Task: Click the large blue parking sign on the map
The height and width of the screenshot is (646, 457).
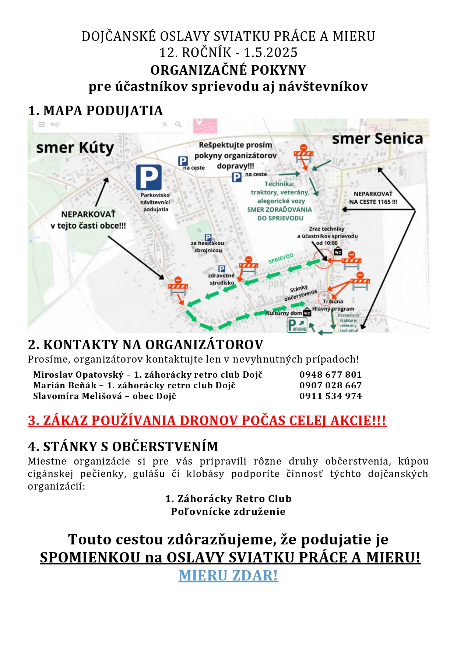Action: [149, 177]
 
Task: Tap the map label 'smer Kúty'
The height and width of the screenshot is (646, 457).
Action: [75, 148]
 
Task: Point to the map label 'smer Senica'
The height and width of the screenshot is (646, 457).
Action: [377, 139]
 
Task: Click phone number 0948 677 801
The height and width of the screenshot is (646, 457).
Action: [330, 375]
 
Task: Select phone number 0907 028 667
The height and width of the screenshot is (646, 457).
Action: [330, 385]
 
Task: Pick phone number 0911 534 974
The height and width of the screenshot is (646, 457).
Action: [330, 396]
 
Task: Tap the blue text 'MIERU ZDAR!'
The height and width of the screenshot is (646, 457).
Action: [228, 576]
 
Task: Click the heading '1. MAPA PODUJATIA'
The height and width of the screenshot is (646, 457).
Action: [95, 110]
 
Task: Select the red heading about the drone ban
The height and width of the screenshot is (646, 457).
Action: [207, 420]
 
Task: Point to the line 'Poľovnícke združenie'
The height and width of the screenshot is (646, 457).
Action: [228, 512]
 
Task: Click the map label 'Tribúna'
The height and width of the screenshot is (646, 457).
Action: [333, 301]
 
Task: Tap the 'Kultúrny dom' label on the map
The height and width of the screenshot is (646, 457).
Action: [284, 313]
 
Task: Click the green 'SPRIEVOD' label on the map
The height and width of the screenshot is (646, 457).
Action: [281, 258]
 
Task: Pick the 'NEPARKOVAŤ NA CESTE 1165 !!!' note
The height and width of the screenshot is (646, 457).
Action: [373, 198]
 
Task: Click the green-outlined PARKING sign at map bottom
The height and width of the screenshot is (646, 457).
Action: [297, 325]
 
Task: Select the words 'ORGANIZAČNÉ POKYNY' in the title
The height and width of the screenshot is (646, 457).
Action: [228, 70]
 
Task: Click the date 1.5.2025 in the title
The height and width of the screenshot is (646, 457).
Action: [271, 53]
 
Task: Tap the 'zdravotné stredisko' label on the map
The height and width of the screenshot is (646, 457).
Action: [221, 279]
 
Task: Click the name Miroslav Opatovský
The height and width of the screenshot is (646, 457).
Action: [78, 375]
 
